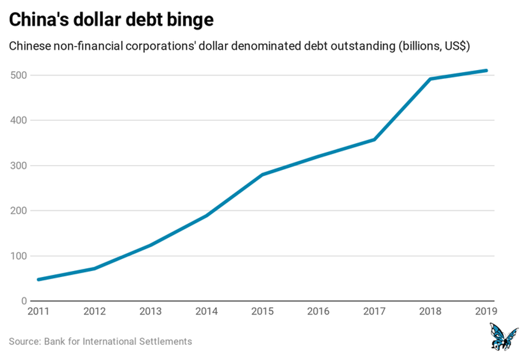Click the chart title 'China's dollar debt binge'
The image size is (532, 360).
111,20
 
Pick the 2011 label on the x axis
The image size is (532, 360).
38,312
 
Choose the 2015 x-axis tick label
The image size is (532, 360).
262,312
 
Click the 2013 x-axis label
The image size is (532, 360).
150,312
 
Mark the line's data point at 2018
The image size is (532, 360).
430,79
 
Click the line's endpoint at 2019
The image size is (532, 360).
486,70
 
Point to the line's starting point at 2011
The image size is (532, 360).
38,280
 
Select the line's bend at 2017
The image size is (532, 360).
374,140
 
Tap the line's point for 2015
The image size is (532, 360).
262,175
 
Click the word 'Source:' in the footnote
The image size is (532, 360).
24,342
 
